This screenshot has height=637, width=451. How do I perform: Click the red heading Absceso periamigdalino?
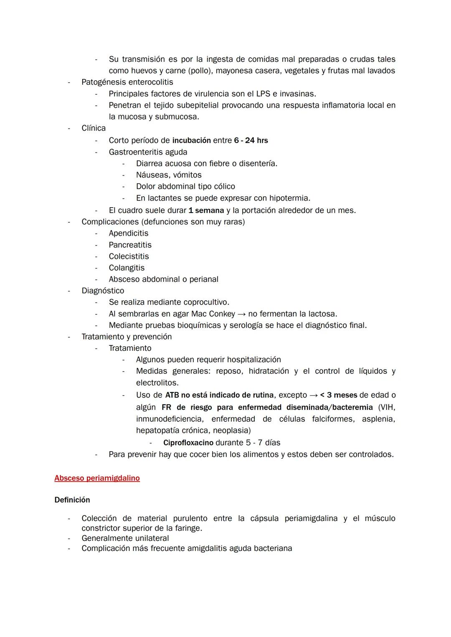point(97,478)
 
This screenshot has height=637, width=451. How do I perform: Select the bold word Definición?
point(72,500)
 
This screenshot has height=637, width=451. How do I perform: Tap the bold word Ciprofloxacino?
point(188,443)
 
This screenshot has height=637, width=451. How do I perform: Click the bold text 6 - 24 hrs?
point(251,141)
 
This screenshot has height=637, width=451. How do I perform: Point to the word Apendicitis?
point(128,233)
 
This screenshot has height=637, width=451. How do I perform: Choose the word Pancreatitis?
point(130,245)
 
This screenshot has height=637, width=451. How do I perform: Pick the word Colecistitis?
point(129,256)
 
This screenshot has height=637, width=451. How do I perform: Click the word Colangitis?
point(127,268)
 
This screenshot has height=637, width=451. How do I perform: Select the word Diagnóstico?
point(103,291)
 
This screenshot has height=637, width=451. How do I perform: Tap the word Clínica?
point(94,128)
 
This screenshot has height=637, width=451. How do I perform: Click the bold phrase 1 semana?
point(206,211)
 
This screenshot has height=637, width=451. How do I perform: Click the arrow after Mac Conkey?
point(241,314)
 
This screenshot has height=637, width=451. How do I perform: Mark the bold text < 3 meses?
point(338,395)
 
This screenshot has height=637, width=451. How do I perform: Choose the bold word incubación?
point(191,141)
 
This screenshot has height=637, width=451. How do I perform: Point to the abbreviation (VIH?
point(387,407)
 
